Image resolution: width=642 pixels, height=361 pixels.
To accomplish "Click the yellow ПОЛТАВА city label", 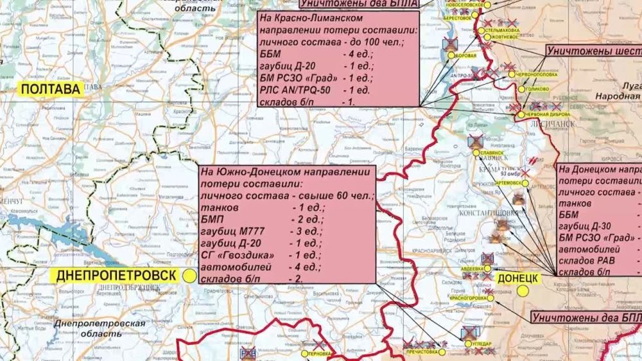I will (x=51, y=90).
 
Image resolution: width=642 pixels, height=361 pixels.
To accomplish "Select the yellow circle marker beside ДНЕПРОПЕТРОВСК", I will (x=190, y=275).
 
